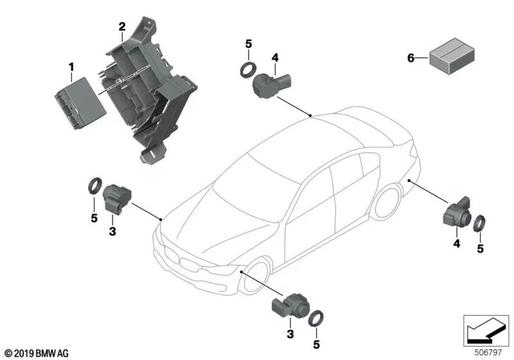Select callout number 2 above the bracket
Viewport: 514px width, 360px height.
(121, 26)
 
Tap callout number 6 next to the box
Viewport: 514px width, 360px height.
(411, 59)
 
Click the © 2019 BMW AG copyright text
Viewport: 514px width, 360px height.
(37, 353)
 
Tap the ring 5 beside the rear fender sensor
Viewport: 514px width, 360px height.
(480, 224)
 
